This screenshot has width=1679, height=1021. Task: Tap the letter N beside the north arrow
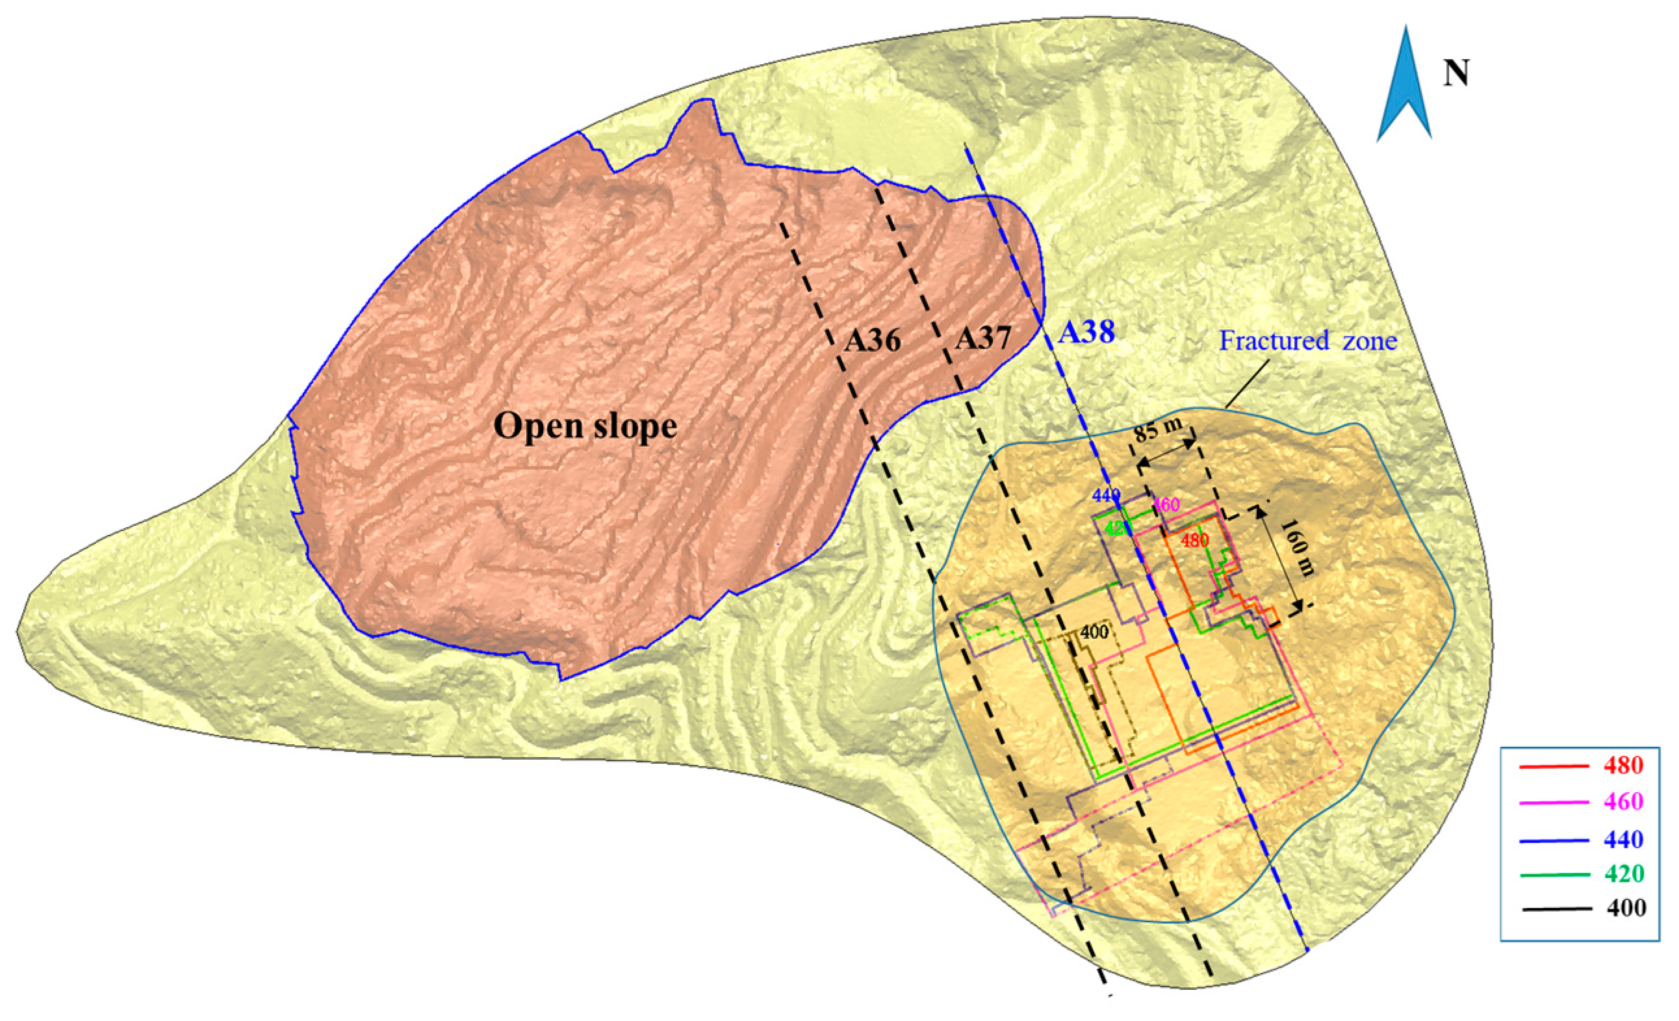(x=1455, y=73)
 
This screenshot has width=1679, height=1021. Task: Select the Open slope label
(x=585, y=426)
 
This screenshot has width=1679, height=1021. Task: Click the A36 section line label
(x=872, y=340)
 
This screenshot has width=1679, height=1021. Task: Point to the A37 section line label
(x=982, y=338)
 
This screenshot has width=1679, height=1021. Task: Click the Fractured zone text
(x=1307, y=340)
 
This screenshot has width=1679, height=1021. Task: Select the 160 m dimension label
(x=1296, y=547)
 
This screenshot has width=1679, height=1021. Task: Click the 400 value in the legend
(x=1626, y=909)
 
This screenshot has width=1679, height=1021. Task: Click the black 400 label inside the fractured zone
(x=1094, y=632)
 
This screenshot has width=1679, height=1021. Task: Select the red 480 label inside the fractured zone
(x=1195, y=541)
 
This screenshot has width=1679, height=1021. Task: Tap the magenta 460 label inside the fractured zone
(x=1166, y=506)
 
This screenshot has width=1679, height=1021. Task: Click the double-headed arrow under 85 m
(x=1166, y=453)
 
